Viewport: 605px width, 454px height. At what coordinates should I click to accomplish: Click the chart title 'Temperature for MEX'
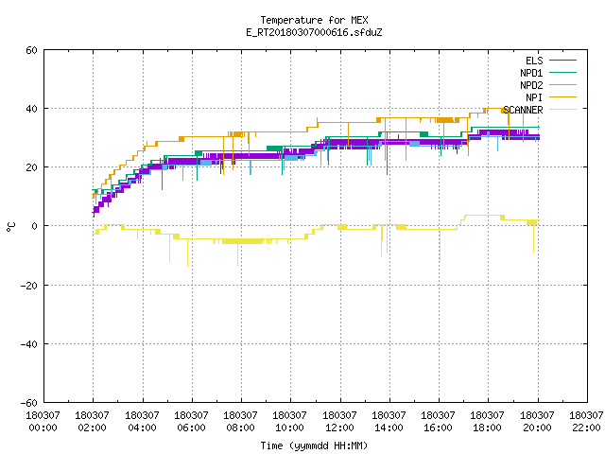point(314,20)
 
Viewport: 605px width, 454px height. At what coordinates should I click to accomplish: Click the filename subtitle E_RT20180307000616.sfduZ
point(314,32)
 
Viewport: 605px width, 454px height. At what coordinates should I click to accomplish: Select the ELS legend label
point(534,61)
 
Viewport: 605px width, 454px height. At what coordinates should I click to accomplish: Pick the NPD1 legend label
point(531,73)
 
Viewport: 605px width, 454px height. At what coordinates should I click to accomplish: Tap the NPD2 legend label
point(531,85)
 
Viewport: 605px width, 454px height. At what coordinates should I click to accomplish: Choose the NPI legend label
point(534,97)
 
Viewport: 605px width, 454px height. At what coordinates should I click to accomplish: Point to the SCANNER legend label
point(523,110)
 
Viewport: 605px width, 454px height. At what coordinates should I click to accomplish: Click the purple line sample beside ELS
point(562,61)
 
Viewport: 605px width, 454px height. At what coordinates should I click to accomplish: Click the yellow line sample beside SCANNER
point(562,110)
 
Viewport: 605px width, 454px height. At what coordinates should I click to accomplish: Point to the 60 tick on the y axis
point(31,50)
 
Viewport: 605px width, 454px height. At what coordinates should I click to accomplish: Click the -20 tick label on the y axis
point(29,286)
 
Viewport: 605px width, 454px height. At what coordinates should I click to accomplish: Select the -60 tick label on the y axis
point(29,403)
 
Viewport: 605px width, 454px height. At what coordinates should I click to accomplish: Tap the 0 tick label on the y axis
point(35,226)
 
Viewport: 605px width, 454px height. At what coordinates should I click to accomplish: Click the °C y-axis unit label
point(10,227)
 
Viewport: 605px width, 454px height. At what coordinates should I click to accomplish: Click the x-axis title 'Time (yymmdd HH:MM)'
point(314,445)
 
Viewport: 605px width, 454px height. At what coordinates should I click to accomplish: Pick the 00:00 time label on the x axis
point(43,428)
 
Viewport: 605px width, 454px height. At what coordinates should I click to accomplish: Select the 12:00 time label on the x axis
point(339,428)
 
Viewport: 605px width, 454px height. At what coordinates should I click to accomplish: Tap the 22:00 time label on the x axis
point(586,428)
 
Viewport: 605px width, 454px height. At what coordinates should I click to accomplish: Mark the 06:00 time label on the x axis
point(191,428)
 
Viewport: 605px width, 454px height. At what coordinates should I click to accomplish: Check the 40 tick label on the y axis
point(31,109)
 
